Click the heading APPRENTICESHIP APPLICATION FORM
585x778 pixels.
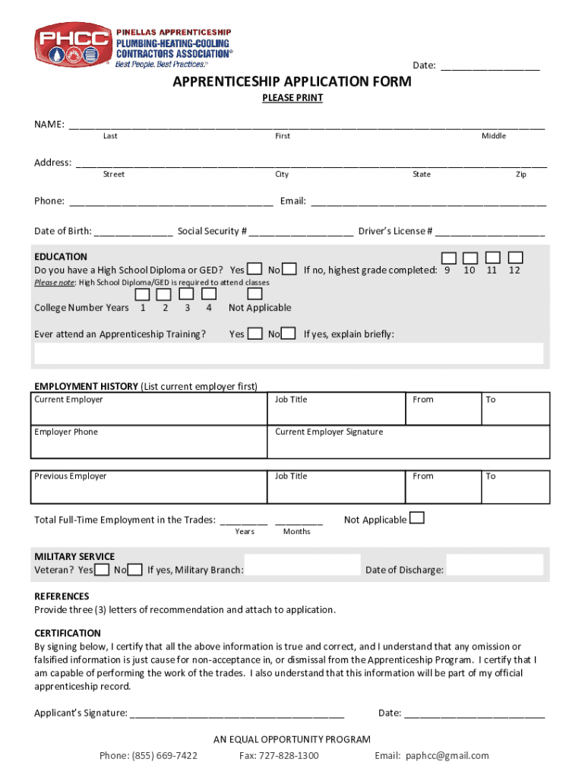[292, 81]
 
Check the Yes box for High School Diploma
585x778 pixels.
[255, 270]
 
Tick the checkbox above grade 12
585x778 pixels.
[516, 258]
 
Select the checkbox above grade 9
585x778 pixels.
[450, 258]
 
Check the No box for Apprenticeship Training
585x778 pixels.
[288, 334]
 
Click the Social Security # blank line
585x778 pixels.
[301, 231]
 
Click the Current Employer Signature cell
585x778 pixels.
[408, 441]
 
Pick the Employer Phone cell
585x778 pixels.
[149, 441]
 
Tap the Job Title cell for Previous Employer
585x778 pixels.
[337, 486]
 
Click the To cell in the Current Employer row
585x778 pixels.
[515, 409]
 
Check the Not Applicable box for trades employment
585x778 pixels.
[417, 518]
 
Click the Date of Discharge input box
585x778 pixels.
[495, 565]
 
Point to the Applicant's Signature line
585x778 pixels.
[237, 713]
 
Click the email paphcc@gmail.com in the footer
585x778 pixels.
[432, 755]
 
